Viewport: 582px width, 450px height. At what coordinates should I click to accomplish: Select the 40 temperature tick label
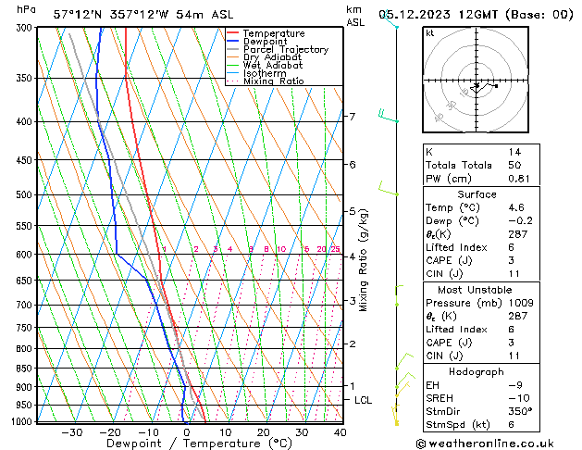tap(340, 432)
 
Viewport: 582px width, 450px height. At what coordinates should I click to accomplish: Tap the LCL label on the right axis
tap(364, 400)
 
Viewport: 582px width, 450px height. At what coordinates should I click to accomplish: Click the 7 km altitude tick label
tap(352, 117)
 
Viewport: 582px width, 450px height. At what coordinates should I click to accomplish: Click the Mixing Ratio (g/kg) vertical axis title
tap(365, 260)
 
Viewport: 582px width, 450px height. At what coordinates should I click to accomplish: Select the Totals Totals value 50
tap(514, 165)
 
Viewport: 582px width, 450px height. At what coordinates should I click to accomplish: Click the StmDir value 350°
tap(519, 411)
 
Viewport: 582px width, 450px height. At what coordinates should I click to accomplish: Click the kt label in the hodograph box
tap(429, 32)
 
